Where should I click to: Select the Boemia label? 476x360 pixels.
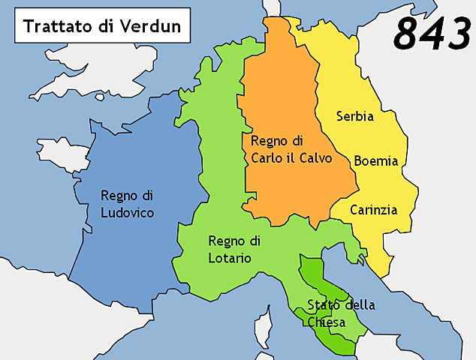375,161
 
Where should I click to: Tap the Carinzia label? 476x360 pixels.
373,210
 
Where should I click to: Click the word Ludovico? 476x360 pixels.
128,213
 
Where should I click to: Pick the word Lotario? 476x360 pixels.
230,258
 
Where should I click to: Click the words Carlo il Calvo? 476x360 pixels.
291,158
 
